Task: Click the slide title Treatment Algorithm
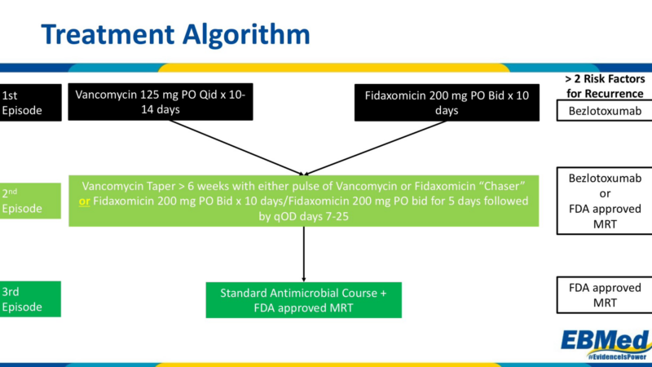[175, 34]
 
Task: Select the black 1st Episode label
[30, 102]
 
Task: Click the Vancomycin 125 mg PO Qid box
[161, 102]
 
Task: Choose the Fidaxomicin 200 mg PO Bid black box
[441, 103]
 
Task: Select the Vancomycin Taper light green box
[303, 201]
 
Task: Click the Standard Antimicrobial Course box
[303, 299]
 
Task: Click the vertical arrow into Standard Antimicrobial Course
[304, 253]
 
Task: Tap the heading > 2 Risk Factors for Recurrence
[605, 86]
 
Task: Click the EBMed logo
[604, 338]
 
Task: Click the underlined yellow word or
[84, 201]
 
